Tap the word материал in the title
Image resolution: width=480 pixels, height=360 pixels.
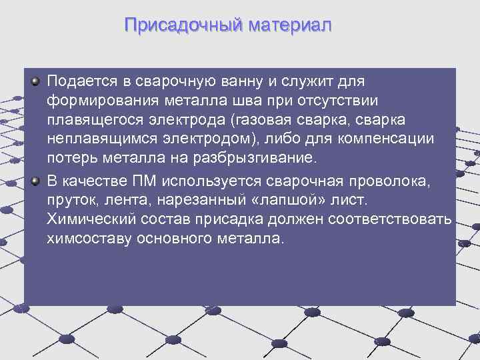pyautogui.click(x=289, y=26)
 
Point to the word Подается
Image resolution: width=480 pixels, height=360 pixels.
pyautogui.click(x=80, y=82)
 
